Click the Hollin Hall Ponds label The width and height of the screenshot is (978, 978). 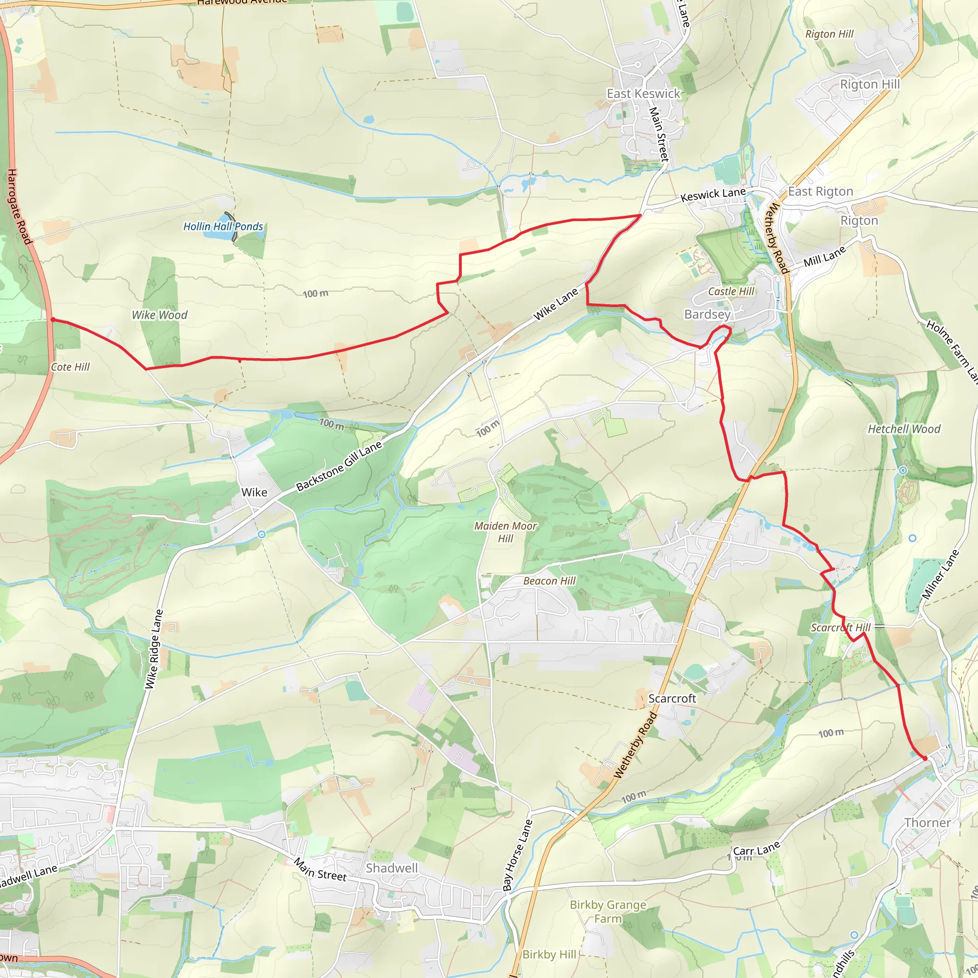(x=223, y=226)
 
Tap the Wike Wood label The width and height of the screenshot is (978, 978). (x=159, y=315)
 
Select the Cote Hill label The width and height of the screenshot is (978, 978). (x=70, y=367)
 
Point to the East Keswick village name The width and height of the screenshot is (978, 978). (x=644, y=94)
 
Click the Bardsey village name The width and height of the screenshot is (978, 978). (x=707, y=314)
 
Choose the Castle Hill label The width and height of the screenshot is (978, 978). (x=731, y=291)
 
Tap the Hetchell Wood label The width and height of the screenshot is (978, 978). (x=904, y=429)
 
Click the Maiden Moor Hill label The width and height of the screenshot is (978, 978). (x=505, y=532)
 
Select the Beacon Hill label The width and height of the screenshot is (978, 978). (x=549, y=581)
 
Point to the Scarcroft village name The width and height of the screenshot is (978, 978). (x=672, y=698)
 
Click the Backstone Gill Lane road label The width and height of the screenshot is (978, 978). (x=339, y=466)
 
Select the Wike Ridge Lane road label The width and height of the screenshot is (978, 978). (x=154, y=649)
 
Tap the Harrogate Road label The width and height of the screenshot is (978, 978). (x=20, y=206)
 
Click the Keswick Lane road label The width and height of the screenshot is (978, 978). (x=713, y=194)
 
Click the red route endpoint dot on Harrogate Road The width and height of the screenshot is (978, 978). (x=53, y=319)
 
